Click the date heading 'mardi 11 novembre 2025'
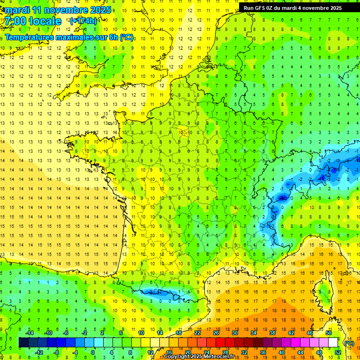tap(58, 10)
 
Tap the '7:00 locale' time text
tap(33, 21)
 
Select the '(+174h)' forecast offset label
tap(83, 21)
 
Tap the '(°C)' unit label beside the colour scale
tap(349, 343)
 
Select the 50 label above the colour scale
tap(329, 333)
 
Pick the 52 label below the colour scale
tap(338, 352)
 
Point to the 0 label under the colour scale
tap(93, 352)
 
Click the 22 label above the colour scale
tap(197, 333)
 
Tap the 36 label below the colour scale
tap(263, 352)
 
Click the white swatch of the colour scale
tap(333, 343)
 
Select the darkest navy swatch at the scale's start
tap(23, 343)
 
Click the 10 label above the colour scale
tap(141, 333)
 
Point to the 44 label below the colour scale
tap(300, 352)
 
